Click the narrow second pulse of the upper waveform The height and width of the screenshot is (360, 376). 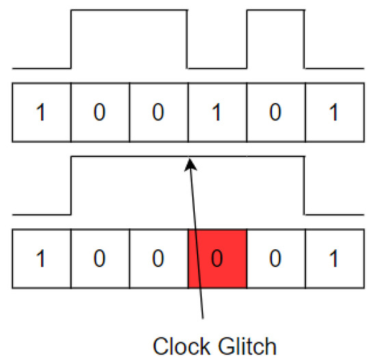tap(275, 11)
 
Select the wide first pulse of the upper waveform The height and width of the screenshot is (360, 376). tap(129, 11)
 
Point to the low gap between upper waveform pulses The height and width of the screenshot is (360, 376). tap(217, 68)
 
